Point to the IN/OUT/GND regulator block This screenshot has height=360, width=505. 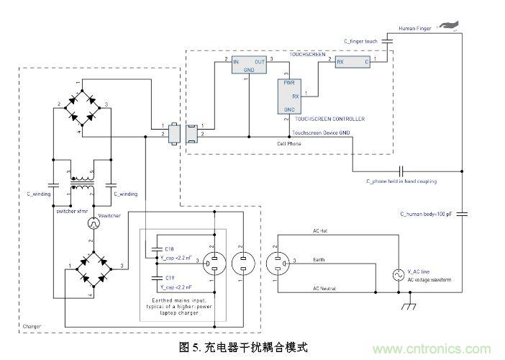(248, 66)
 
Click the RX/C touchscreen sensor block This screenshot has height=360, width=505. (353, 62)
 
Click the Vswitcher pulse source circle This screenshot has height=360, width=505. (92, 225)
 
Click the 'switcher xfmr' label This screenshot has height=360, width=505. (71, 210)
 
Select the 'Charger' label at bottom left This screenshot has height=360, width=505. (33, 327)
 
